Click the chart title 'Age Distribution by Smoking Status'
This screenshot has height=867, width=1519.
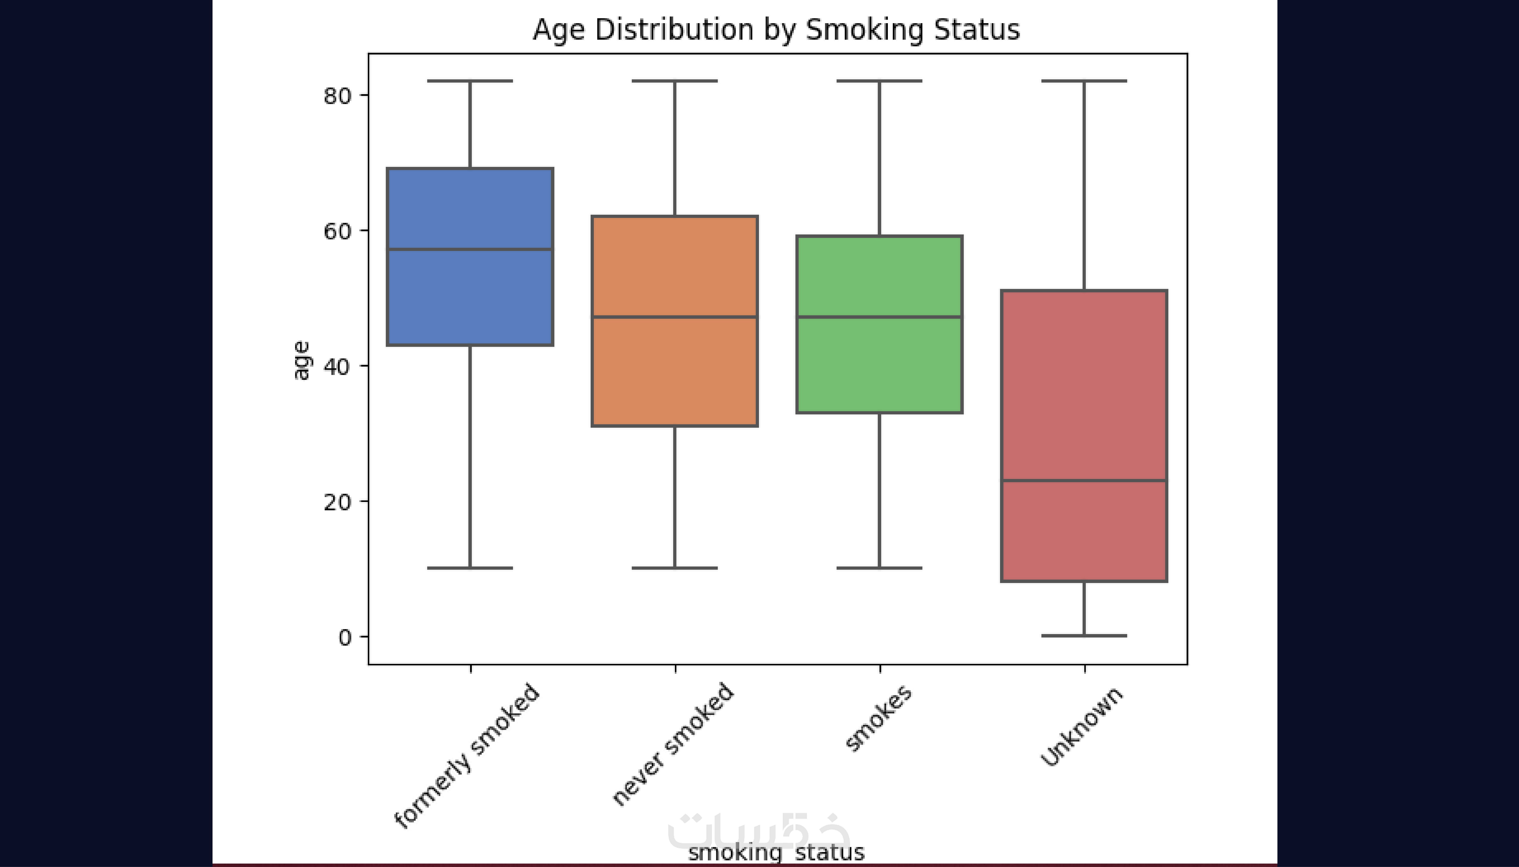point(775,30)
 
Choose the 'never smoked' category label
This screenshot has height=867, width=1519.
point(673,744)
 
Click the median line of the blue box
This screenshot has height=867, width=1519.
point(470,249)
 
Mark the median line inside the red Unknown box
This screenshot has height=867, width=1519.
point(1084,480)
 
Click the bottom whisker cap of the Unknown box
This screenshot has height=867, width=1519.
point(1084,636)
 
